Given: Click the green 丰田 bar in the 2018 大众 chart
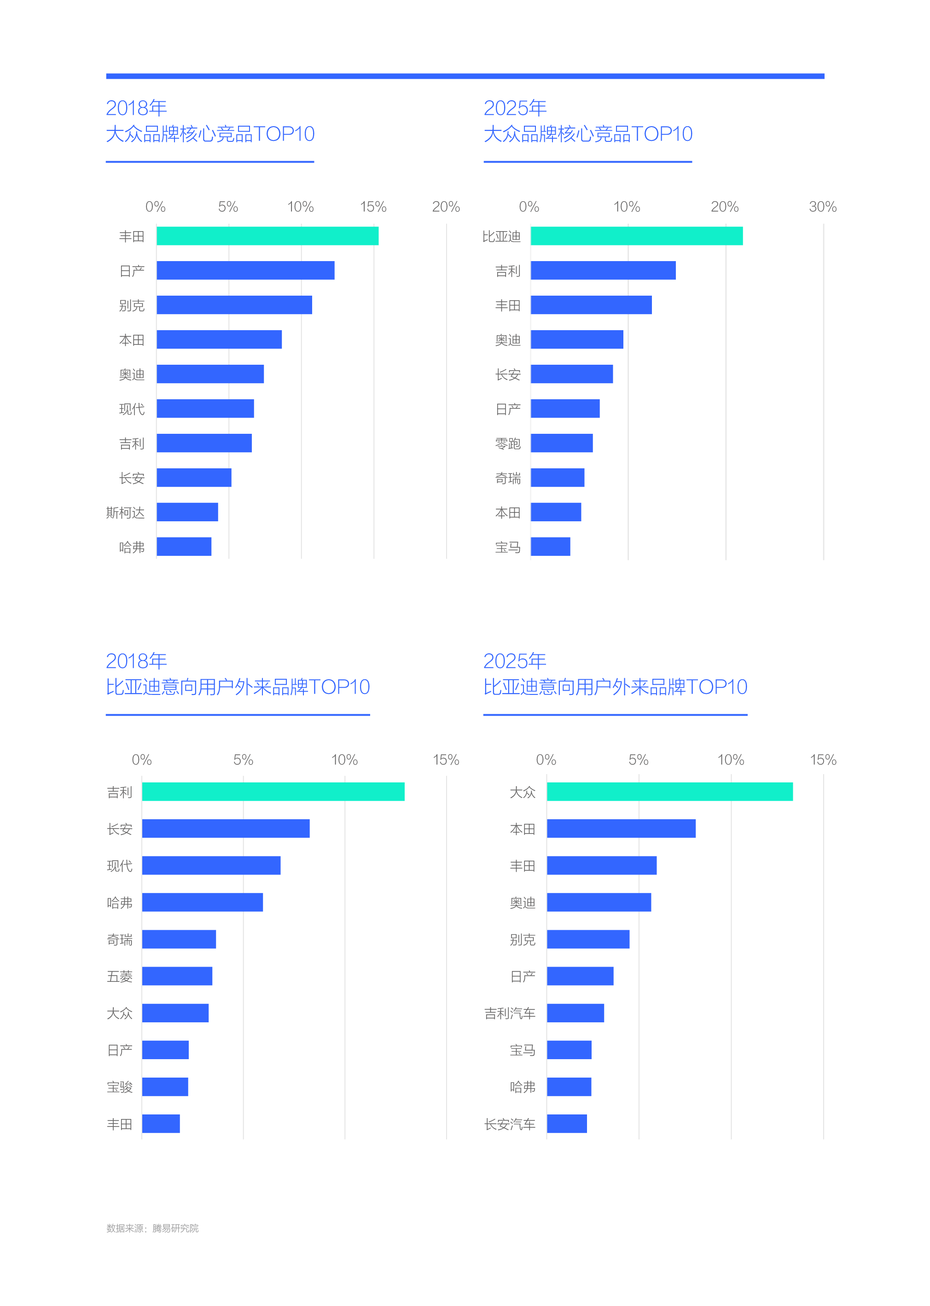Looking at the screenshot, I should coord(267,236).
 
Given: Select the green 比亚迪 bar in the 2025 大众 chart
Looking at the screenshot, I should coord(636,236).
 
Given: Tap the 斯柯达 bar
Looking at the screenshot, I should coord(187,512).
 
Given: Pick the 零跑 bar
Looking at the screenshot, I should coord(561,443).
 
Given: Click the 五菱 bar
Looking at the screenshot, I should coord(177,976).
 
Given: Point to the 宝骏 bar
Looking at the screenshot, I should coord(165,1087).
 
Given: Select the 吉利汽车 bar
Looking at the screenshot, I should coord(575,1013).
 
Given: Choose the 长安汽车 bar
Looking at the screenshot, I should coord(566,1124).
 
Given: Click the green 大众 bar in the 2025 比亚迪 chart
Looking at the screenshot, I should coord(669,792).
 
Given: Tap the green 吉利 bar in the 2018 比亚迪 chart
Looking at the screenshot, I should coord(273,792).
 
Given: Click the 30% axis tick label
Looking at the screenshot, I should coord(822,207).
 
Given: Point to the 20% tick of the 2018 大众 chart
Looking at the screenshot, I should coord(446,207).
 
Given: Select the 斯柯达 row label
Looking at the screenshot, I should coord(125,513).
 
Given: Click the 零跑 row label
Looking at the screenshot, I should coord(507,444).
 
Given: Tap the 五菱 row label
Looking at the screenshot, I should coord(120,977).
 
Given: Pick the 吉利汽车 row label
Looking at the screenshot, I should coord(510,1013).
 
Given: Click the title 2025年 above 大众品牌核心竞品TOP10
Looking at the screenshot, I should coord(515,108).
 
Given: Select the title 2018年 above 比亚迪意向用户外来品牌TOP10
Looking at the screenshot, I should coord(136,661).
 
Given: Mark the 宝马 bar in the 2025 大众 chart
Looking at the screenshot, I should coord(550,547).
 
